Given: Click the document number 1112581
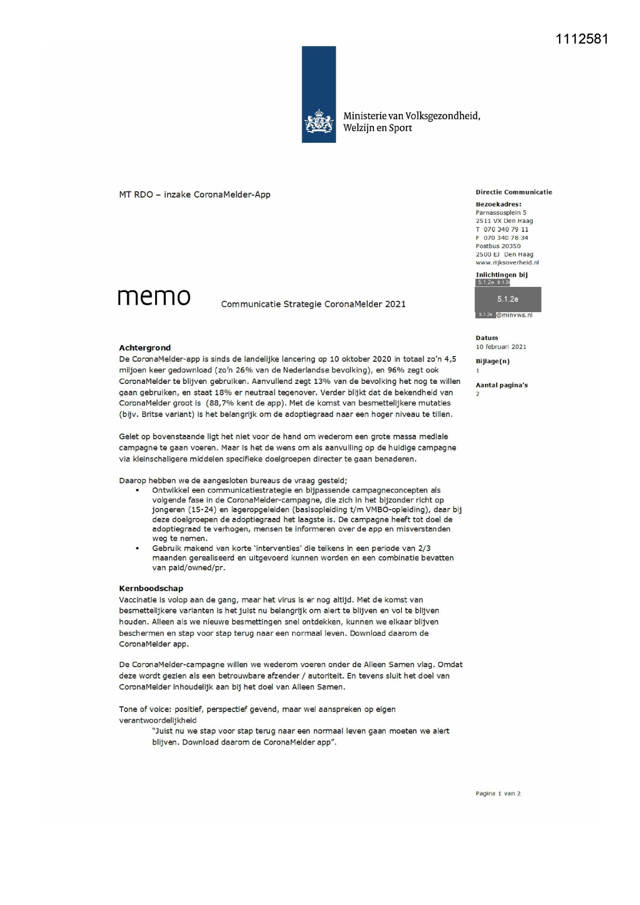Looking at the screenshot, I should pyautogui.click(x=582, y=39).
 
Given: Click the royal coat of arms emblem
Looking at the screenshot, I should pyautogui.click(x=319, y=122).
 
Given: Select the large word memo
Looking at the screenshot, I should pyautogui.click(x=154, y=297).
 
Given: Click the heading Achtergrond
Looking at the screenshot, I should pyautogui.click(x=145, y=348).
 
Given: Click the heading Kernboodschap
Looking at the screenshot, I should pyautogui.click(x=151, y=588).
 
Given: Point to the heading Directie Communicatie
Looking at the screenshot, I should pyautogui.click(x=514, y=192).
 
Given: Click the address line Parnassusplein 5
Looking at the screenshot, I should pyautogui.click(x=501, y=213).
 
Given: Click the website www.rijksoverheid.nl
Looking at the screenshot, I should pyautogui.click(x=507, y=263).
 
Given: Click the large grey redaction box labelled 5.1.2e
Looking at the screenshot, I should pyautogui.click(x=507, y=299).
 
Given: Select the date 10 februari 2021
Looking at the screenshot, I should pyautogui.click(x=501, y=347).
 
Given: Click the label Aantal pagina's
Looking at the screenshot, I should pyautogui.click(x=501, y=385).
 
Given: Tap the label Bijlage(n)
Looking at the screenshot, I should pyautogui.click(x=493, y=361).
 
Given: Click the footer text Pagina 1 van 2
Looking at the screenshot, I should pyautogui.click(x=498, y=794).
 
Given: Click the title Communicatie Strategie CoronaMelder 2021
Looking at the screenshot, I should pyautogui.click(x=313, y=304).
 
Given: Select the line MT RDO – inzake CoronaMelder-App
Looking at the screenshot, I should pyautogui.click(x=194, y=195).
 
